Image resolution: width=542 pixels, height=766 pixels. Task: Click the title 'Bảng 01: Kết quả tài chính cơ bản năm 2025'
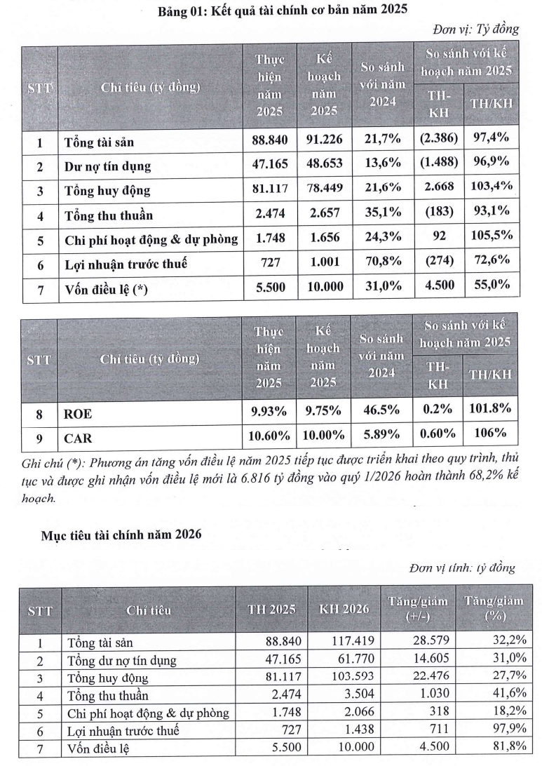pyautogui.click(x=283, y=10)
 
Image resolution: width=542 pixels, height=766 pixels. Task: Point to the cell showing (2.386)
pyautogui.click(x=439, y=141)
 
